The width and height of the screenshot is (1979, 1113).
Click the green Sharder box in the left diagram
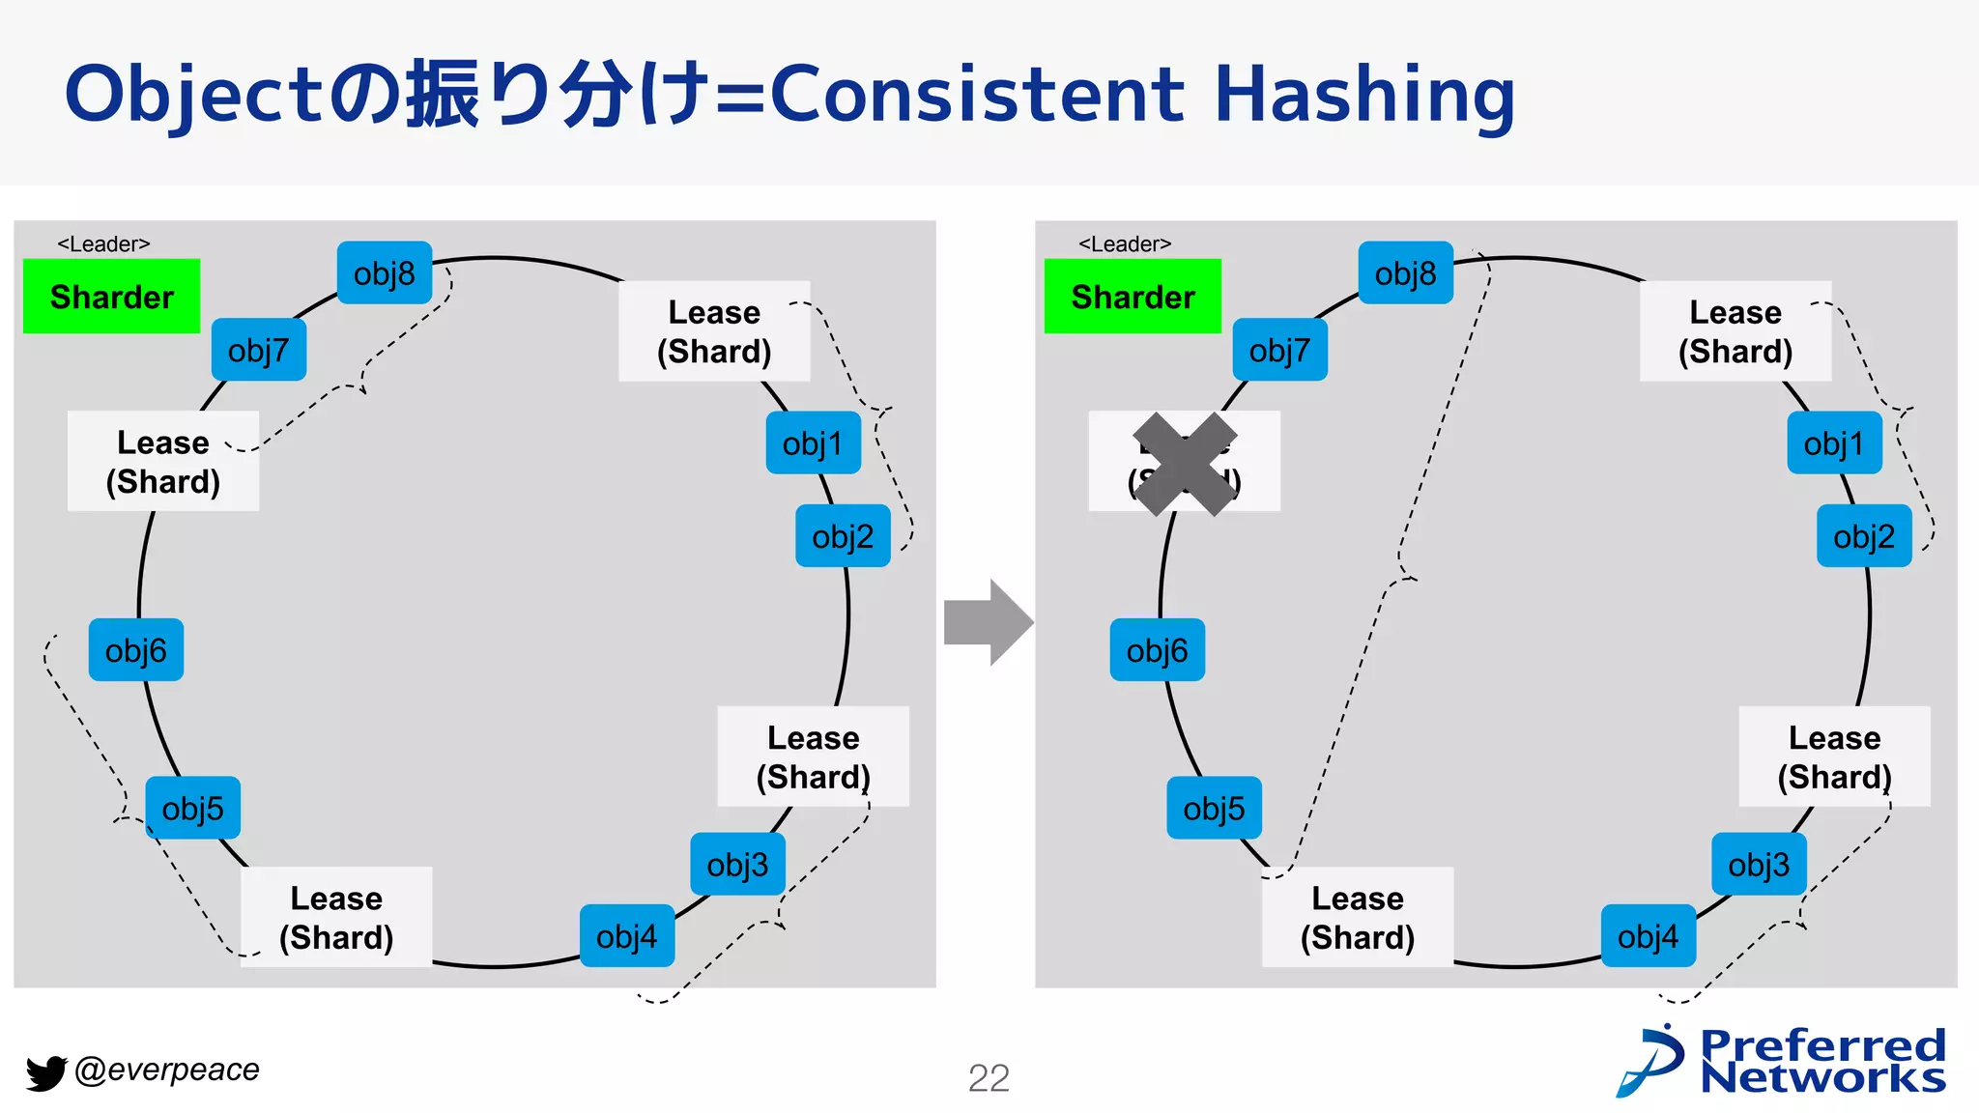[x=111, y=297]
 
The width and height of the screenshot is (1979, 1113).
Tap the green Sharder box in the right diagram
[x=1133, y=297]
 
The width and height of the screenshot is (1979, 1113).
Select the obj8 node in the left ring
[x=384, y=273]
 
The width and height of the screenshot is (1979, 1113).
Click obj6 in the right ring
[x=1157, y=650]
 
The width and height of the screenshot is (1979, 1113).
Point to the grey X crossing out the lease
[x=1185, y=465]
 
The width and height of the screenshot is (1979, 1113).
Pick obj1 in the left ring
[x=813, y=443]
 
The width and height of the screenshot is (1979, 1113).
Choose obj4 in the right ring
[x=1648, y=936]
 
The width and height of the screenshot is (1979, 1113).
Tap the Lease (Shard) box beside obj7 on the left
[x=163, y=462]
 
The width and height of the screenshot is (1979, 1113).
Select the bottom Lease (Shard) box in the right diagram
[x=1357, y=918]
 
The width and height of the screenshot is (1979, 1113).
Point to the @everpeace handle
[x=167, y=1070]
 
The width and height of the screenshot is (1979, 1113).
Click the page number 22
[x=989, y=1078]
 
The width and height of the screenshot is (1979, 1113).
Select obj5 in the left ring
[x=192, y=808]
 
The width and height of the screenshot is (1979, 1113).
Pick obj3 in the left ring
[x=737, y=865]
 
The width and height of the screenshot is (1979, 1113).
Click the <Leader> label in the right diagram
[x=1125, y=244]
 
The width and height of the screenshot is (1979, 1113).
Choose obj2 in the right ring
[x=1863, y=536]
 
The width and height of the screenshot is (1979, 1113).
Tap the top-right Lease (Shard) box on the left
[x=714, y=331]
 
